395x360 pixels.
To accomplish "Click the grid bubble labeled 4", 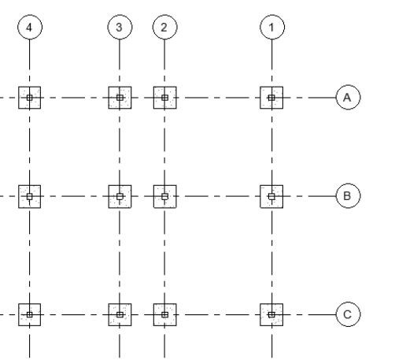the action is tap(30, 27).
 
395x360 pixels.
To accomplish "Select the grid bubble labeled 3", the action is tap(120, 27).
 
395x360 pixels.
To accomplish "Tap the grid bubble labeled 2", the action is tap(164, 27).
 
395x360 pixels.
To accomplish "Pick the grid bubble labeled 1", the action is tap(272, 27).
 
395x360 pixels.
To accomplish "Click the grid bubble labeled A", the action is tap(348, 98).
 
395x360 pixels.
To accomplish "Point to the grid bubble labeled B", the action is tap(348, 196).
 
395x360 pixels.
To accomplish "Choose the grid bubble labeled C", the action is tap(348, 314).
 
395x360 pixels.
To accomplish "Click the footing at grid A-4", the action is tap(30, 98).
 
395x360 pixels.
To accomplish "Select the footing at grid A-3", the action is tap(120, 98).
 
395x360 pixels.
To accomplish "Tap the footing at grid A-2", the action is tap(165, 98).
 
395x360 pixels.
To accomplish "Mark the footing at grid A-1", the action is tap(271, 98).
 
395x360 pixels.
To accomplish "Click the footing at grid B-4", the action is tap(30, 196).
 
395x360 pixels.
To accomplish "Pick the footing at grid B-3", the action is tap(120, 196).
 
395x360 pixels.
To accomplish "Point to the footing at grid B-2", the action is tap(165, 196).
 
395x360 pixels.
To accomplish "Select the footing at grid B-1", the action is tap(271, 196).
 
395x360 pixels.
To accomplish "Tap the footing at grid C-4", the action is tap(30, 314).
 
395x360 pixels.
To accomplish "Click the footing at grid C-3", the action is tap(120, 314).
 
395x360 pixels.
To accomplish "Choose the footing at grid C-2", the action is tap(165, 314).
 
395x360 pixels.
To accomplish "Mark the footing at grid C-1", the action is tap(271, 314).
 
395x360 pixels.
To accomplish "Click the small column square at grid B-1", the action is tap(271, 196).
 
